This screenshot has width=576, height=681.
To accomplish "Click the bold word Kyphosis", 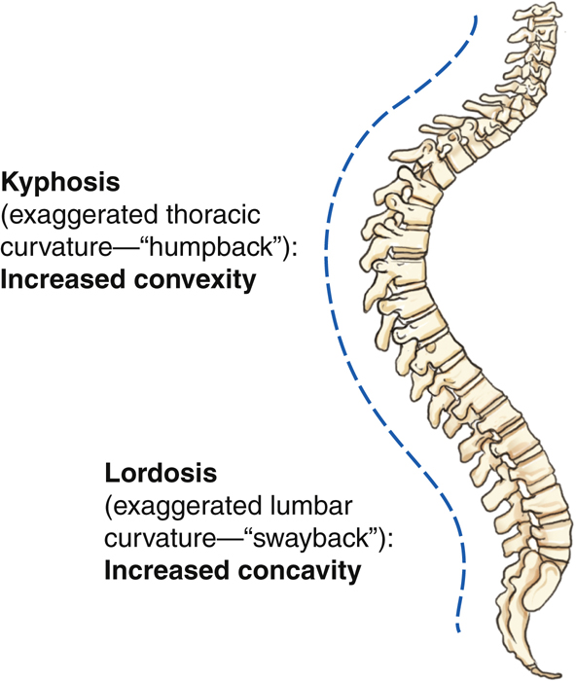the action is pyautogui.click(x=60, y=183).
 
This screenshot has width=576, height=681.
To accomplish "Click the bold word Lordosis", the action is pyautogui.click(x=161, y=473).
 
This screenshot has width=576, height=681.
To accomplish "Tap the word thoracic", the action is pyautogui.click(x=213, y=215).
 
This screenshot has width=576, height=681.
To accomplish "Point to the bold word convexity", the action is pyautogui.click(x=195, y=280).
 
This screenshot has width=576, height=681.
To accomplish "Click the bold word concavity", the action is pyautogui.click(x=300, y=570).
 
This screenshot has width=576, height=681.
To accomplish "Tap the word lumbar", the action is pyautogui.click(x=308, y=506).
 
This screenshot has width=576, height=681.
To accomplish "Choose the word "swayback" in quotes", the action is pyautogui.click(x=311, y=539).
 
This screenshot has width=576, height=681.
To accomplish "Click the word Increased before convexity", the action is pyautogui.click(x=64, y=279).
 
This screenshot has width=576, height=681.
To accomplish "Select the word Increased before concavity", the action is pyautogui.click(x=167, y=570).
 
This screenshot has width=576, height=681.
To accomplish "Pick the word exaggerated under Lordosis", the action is pyautogui.click(x=184, y=507).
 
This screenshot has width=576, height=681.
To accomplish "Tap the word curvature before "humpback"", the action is pyautogui.click(x=56, y=247).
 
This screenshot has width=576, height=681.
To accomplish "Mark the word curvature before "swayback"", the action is pyautogui.click(x=161, y=538).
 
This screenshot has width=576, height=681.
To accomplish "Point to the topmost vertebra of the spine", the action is pyautogui.click(x=536, y=12).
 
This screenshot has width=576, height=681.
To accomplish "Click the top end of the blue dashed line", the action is pyautogui.click(x=476, y=18).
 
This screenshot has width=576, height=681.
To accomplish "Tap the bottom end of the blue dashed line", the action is pyautogui.click(x=458, y=630).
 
